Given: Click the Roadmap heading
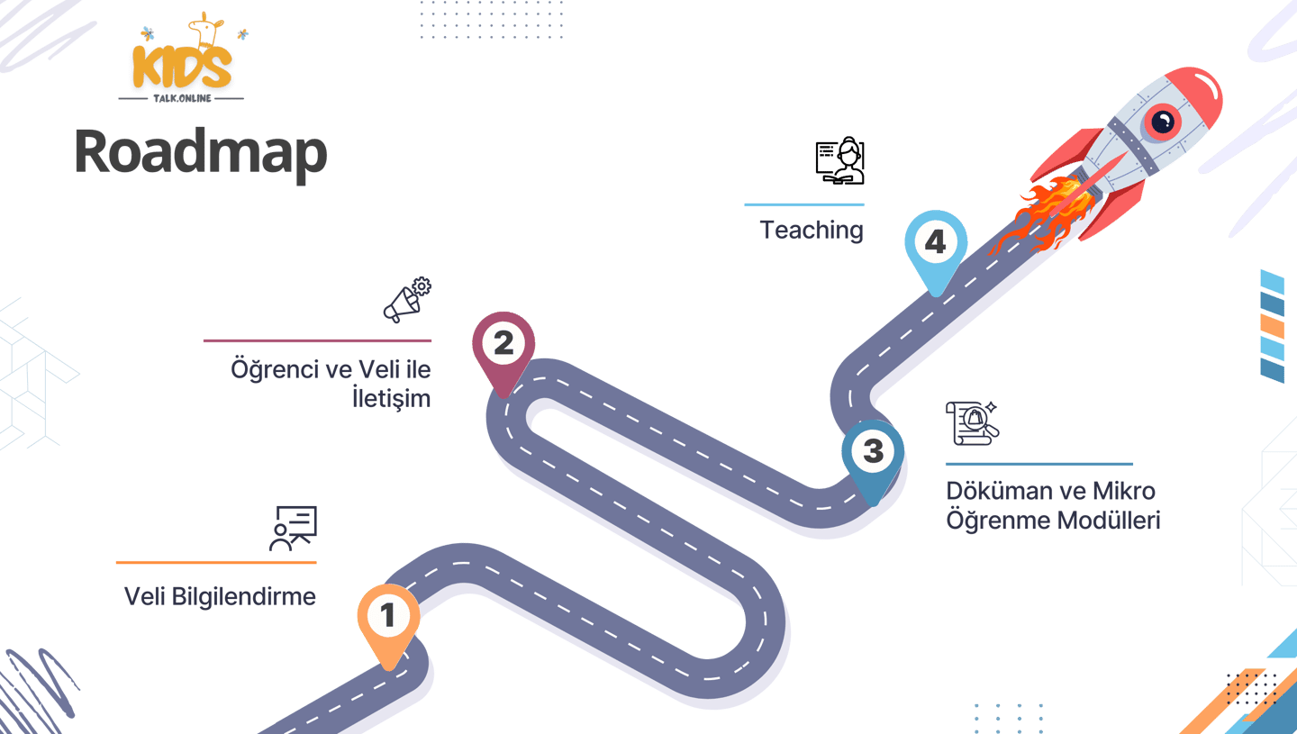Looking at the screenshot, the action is [x=201, y=151].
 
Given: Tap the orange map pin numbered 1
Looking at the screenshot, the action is [x=388, y=618].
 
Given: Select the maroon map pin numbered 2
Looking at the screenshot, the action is [x=503, y=345].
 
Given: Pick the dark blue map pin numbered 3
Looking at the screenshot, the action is [x=873, y=452].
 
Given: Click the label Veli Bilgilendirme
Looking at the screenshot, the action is [x=220, y=596].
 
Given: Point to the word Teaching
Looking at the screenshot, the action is [x=812, y=230].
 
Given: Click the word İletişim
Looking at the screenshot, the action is [x=391, y=397].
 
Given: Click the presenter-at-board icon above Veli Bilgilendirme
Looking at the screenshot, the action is [x=294, y=528].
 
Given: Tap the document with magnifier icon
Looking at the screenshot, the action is [x=972, y=423].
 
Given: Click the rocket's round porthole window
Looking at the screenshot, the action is [x=1162, y=122].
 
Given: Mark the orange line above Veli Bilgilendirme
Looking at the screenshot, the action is [x=216, y=562].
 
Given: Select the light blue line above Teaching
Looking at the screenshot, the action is [x=803, y=204].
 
